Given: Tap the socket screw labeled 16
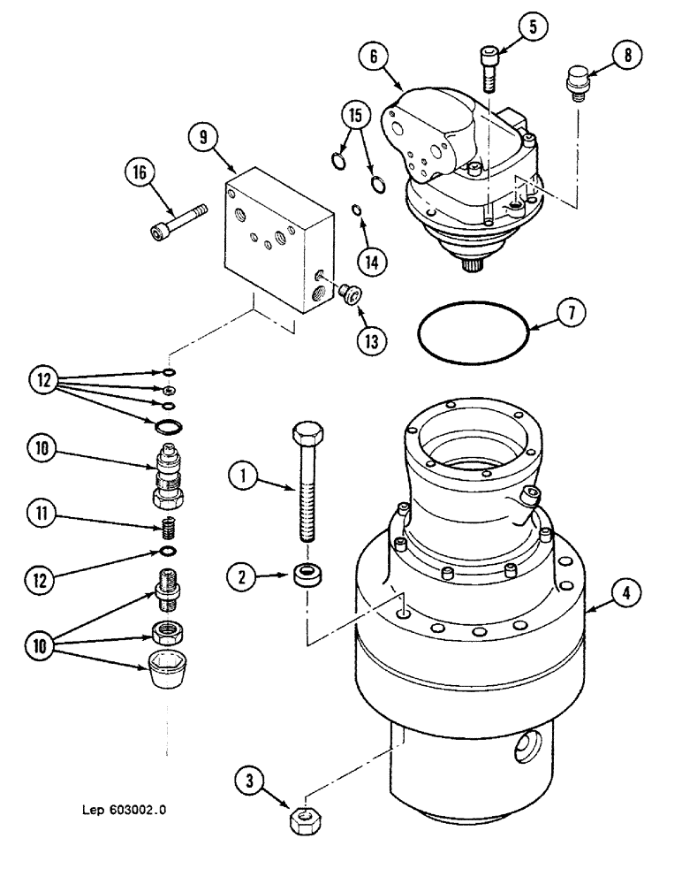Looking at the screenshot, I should [178, 222].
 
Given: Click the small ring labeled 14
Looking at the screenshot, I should [355, 210].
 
